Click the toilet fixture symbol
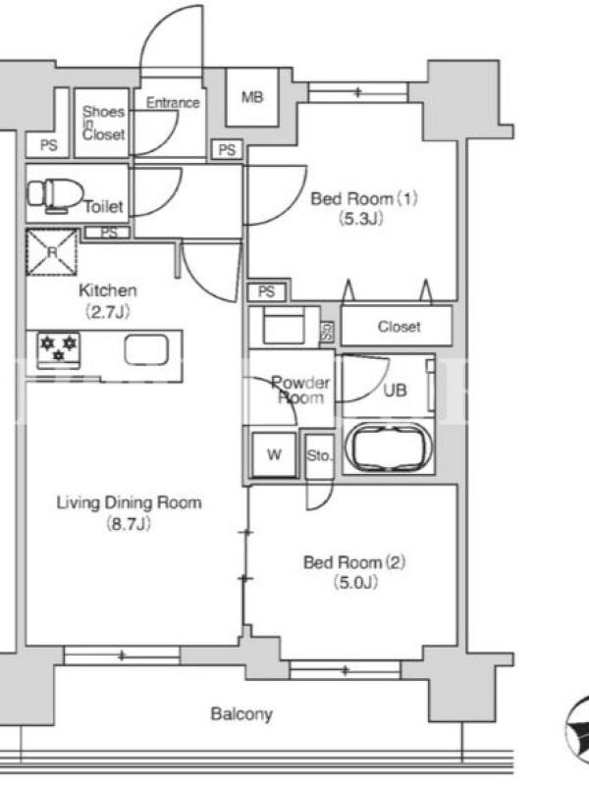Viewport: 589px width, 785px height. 55,195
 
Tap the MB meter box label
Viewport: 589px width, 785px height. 252,96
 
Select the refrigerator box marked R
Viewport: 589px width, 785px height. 52,252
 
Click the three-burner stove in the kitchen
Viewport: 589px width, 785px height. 59,348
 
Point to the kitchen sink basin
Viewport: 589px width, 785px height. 146,349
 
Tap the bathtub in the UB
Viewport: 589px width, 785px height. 389,447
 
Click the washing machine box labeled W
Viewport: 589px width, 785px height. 274,454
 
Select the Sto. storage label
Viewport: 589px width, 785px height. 319,455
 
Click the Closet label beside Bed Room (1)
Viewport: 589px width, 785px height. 400,327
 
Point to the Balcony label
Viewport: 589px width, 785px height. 241,714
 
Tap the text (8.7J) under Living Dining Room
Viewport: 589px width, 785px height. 129,524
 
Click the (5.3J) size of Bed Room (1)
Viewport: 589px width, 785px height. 360,219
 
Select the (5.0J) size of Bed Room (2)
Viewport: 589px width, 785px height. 355,583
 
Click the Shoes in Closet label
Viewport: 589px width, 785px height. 104,123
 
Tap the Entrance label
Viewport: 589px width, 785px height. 173,103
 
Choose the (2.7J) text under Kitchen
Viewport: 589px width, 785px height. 108,312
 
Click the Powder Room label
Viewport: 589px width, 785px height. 300,390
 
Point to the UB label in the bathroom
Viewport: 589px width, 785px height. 396,390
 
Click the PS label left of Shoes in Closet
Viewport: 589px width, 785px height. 48,145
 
